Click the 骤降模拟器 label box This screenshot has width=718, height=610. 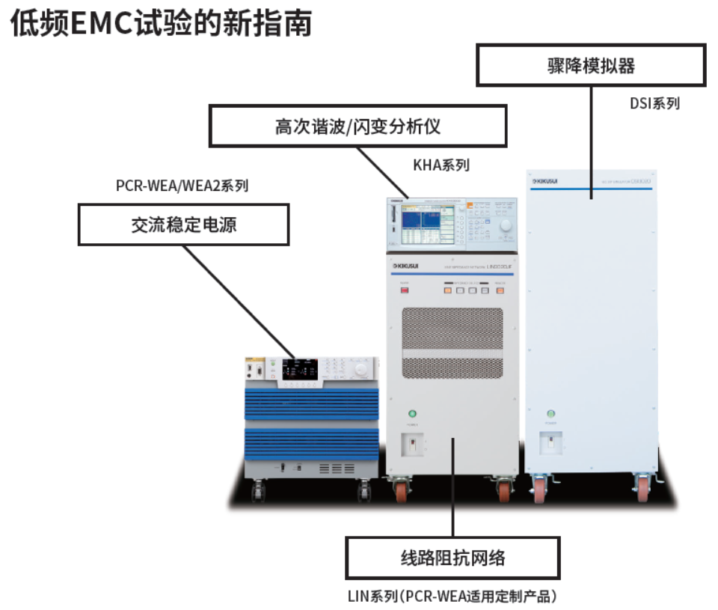click(x=591, y=64)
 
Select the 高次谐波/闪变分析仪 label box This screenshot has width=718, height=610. click(x=358, y=125)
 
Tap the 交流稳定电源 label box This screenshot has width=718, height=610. click(x=184, y=225)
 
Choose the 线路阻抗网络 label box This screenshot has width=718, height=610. click(x=452, y=558)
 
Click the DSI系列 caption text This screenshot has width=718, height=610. click(x=654, y=103)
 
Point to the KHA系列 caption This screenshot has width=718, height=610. click(x=441, y=165)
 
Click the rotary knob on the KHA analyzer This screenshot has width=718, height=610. click(x=506, y=226)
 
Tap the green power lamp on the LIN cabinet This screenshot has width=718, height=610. click(x=411, y=414)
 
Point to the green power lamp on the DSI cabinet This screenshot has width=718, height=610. click(x=551, y=414)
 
